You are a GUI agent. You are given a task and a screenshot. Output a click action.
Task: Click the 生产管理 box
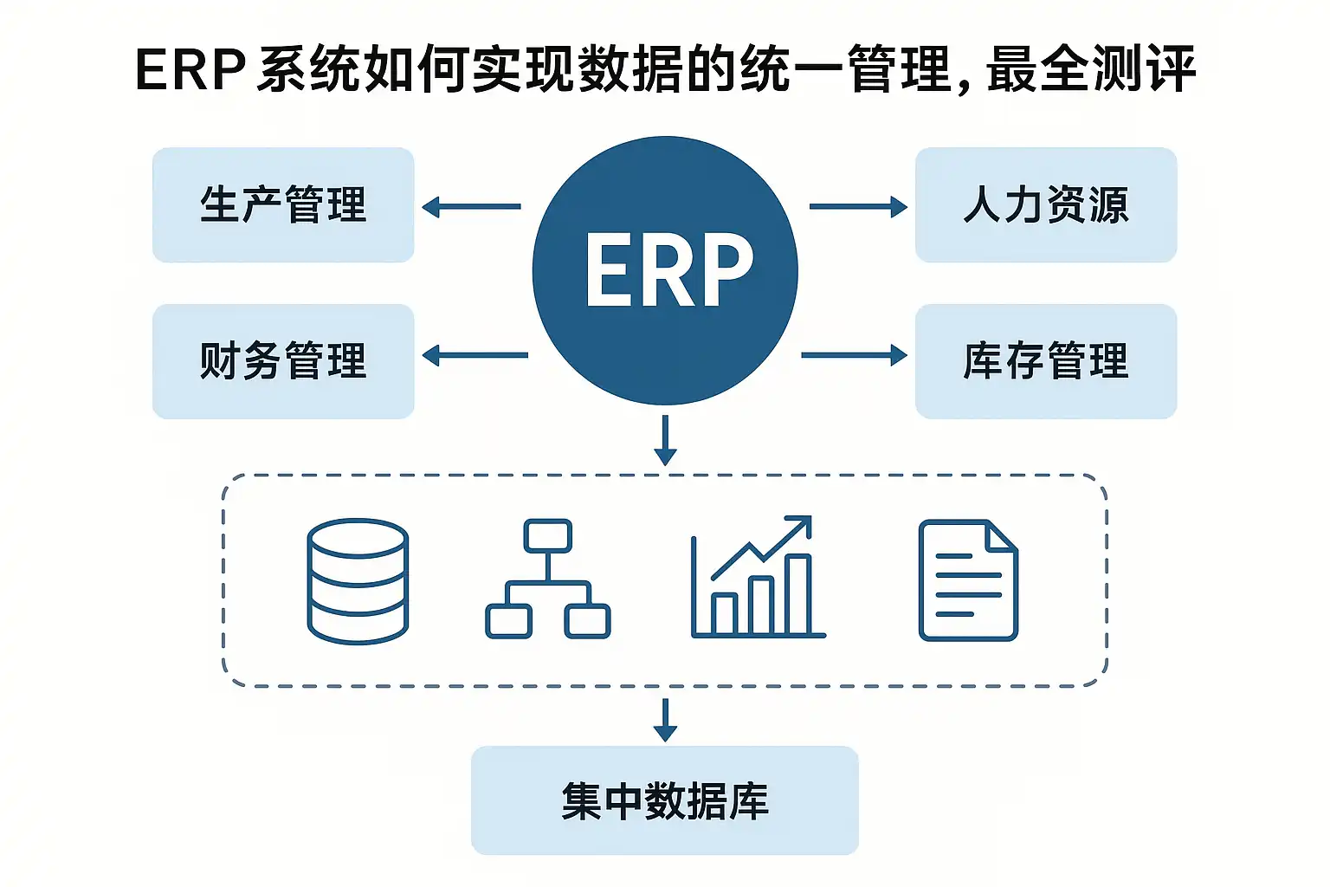click(283, 205)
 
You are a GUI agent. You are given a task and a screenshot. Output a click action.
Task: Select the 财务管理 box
click(283, 361)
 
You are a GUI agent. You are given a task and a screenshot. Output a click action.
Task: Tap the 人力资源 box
click(1045, 205)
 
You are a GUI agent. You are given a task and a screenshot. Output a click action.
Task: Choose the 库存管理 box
click(1045, 361)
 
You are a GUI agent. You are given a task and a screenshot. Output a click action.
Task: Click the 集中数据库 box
click(664, 800)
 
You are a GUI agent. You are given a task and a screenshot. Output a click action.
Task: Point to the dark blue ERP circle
click(664, 270)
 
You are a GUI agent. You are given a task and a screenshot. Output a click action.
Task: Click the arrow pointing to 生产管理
click(472, 207)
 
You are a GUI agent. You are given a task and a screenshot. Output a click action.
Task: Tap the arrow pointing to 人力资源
click(857, 207)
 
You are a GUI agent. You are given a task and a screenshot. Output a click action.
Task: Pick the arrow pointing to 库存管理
click(854, 355)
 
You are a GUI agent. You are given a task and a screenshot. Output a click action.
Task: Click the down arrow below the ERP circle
click(665, 440)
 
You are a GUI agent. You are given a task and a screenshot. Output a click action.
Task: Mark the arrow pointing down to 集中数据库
click(665, 720)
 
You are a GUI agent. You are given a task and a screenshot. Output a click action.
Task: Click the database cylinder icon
click(358, 580)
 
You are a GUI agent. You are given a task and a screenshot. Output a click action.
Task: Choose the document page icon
click(967, 579)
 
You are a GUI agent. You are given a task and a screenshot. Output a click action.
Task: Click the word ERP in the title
click(190, 69)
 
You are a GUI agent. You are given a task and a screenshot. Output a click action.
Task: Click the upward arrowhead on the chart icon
click(801, 524)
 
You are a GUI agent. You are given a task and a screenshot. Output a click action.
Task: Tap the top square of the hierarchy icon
click(547, 534)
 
